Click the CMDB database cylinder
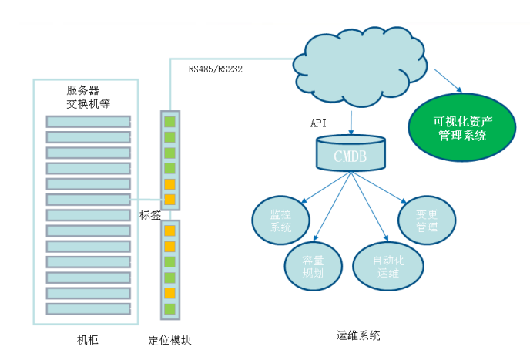pyautogui.click(x=351, y=153)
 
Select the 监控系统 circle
pyautogui.click(x=280, y=219)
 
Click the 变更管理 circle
pyautogui.click(x=427, y=219)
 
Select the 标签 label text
pyautogui.click(x=150, y=215)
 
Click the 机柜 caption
pyautogui.click(x=88, y=339)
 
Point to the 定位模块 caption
pyautogui.click(x=169, y=340)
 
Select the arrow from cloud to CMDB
pyautogui.click(x=351, y=122)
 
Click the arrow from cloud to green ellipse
pyautogui.click(x=448, y=80)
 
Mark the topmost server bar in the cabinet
pyautogui.click(x=88, y=121)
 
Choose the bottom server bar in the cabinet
pyautogui.click(x=88, y=308)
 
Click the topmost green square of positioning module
pyautogui.click(x=170, y=121)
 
